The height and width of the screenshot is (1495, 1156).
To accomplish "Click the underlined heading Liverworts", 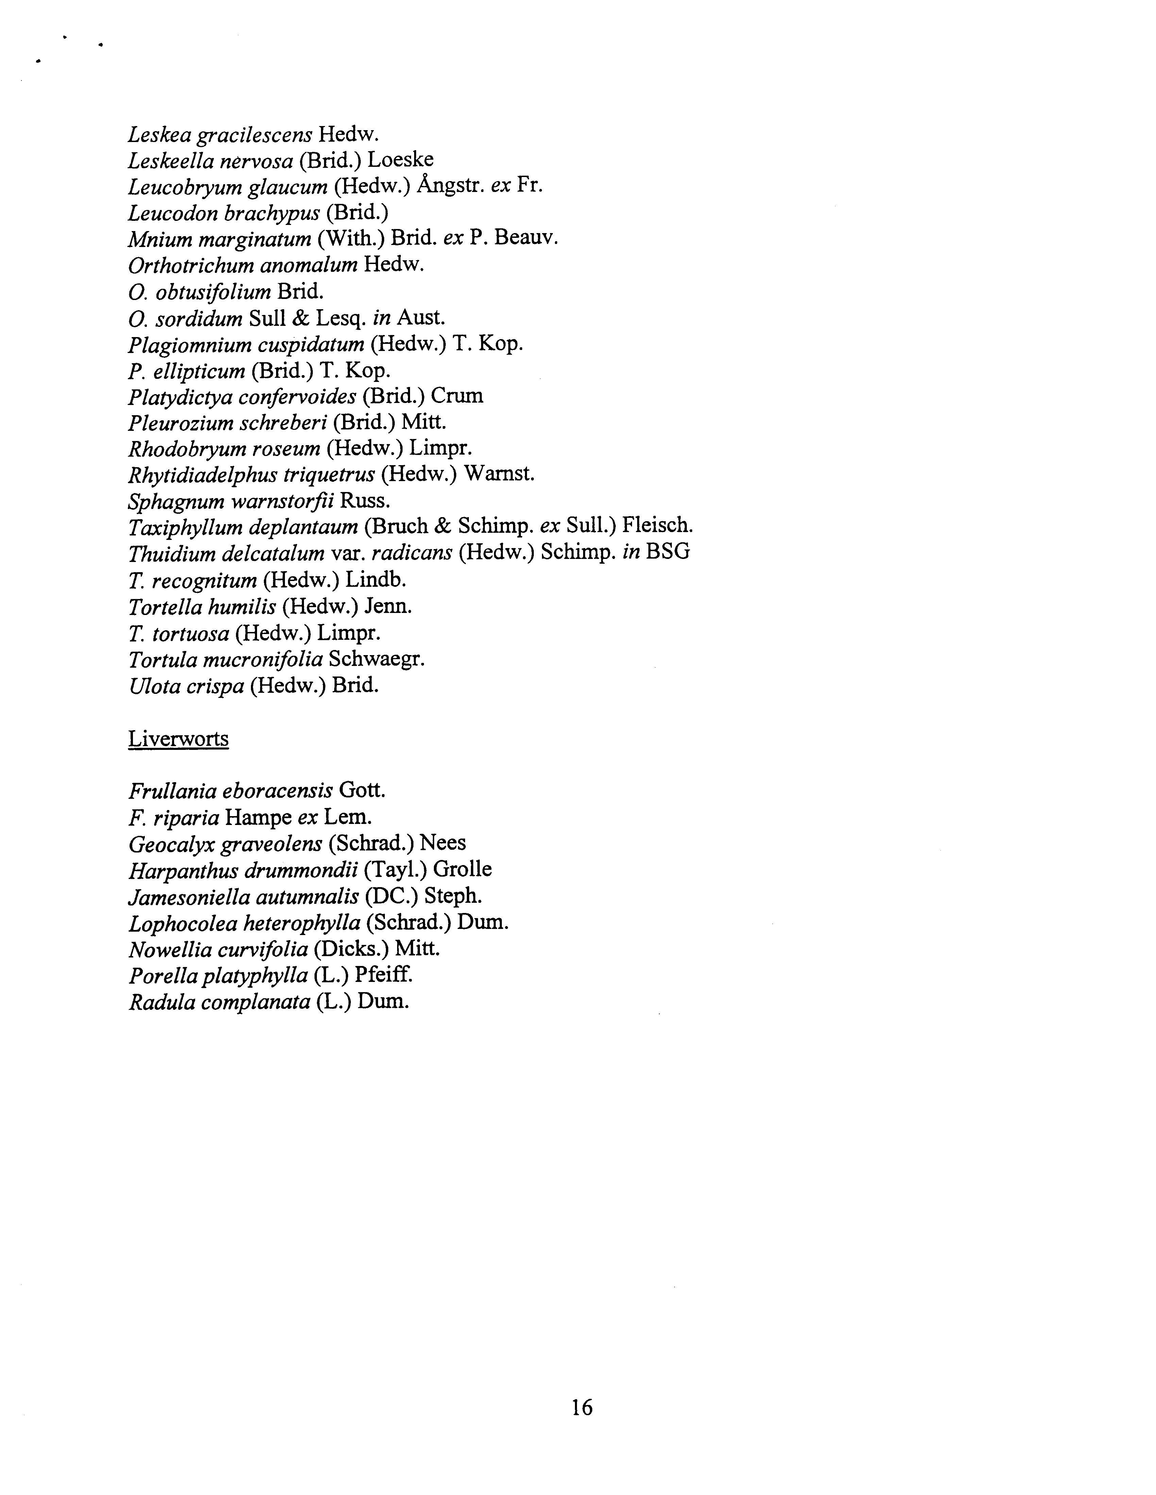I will [178, 739].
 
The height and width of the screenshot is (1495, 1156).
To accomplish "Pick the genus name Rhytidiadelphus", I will [203, 474].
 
